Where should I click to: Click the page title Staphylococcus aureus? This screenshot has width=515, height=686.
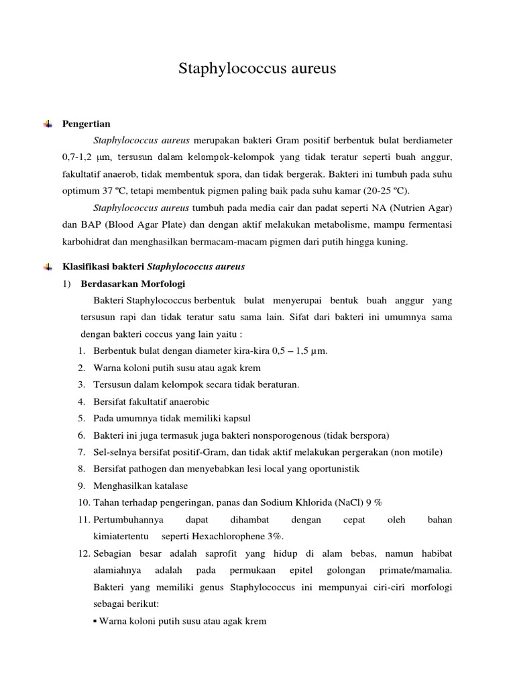click(x=257, y=69)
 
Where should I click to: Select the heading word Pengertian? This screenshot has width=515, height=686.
click(x=87, y=124)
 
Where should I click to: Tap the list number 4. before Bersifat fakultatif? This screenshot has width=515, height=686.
click(x=81, y=401)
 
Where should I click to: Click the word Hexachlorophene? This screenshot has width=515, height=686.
click(x=231, y=537)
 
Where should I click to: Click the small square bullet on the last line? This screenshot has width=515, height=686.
click(x=95, y=621)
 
